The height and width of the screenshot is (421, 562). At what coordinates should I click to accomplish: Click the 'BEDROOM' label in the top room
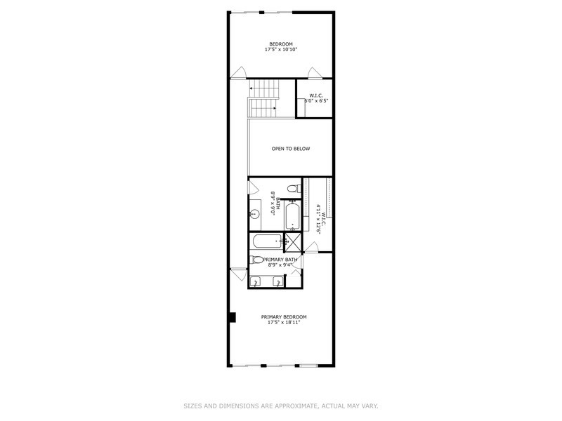[x=280, y=44]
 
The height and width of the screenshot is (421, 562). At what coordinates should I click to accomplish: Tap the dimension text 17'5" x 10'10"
[x=280, y=50]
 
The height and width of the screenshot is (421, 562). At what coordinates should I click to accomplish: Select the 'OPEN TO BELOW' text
[x=291, y=149]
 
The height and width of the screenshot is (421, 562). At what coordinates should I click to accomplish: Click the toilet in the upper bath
[x=294, y=189]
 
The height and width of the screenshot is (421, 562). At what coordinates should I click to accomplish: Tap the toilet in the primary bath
[x=257, y=260]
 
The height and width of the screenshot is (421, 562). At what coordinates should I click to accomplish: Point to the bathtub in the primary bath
[x=266, y=241]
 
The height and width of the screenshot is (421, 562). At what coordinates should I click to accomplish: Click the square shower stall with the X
[x=294, y=241]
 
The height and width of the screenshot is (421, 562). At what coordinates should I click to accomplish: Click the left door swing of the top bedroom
[x=239, y=72]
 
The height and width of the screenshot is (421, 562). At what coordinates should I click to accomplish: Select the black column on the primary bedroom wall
[x=230, y=318]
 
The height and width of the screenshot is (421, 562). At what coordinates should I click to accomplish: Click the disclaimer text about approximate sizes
[x=281, y=405]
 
